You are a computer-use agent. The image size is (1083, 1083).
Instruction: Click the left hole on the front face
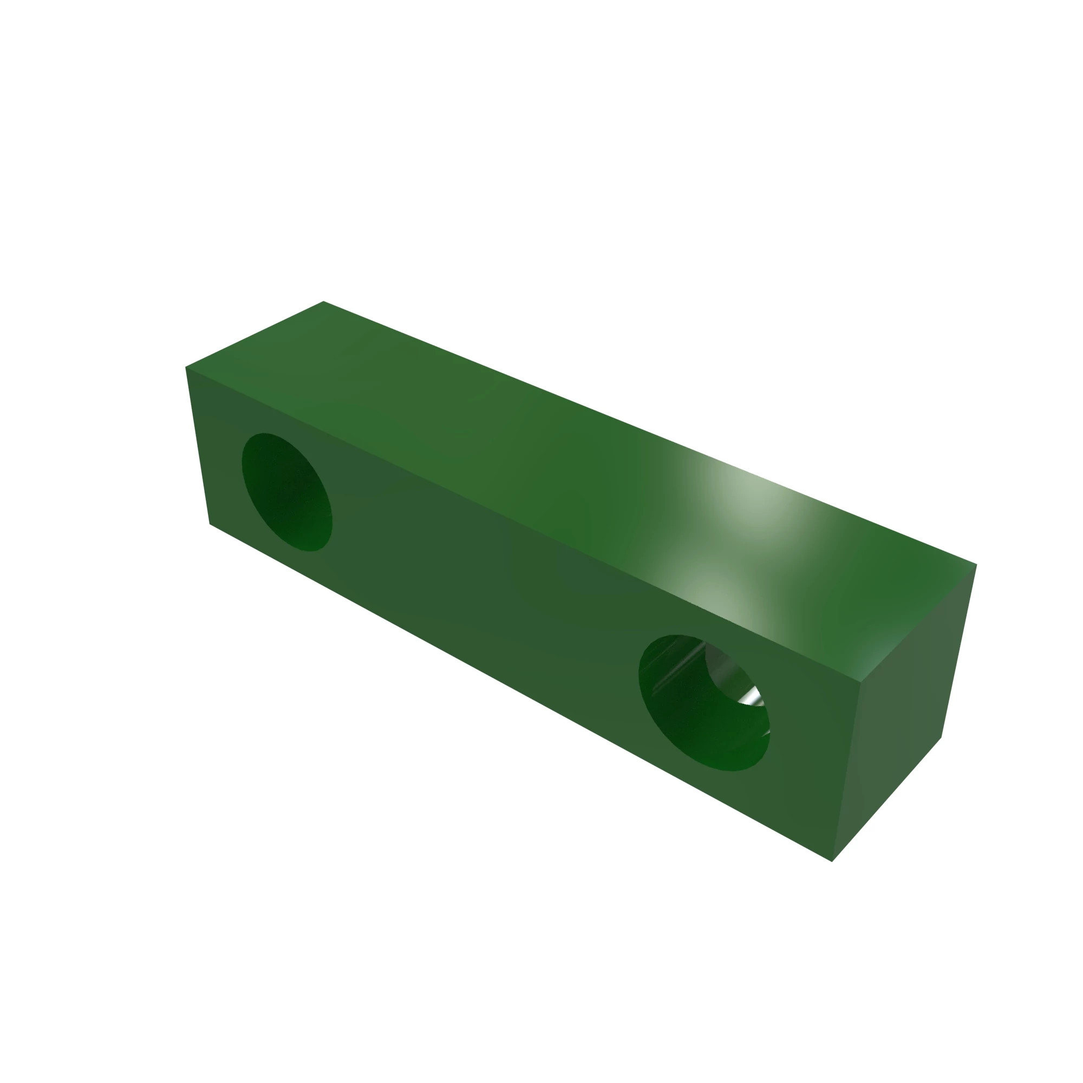pos(286,492)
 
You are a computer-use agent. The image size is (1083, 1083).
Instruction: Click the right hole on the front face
pos(703,703)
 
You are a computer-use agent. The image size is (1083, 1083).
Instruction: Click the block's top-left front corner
pos(186,368)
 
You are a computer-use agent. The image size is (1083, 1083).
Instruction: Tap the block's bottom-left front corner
pos(210,524)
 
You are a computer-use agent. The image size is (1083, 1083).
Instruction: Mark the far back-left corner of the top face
pos(323,302)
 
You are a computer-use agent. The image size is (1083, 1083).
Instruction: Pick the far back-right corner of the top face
pos(976,564)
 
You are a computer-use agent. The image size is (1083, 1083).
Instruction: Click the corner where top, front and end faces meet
pos(861,682)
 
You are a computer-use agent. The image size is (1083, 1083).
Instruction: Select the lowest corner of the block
pos(832,861)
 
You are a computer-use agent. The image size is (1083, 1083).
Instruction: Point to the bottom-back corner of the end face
pos(941,738)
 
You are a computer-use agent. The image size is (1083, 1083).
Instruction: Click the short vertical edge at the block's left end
pos(197,446)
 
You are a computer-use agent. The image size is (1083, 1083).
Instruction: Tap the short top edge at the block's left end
pos(255,335)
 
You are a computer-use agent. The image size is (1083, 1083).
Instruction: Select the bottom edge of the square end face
pos(887,799)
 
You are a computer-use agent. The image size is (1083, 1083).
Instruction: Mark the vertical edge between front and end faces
pos(846,772)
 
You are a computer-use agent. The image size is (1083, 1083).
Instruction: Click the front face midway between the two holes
pos(493,594)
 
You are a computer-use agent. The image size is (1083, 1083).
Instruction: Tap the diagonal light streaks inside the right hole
pos(673,667)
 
